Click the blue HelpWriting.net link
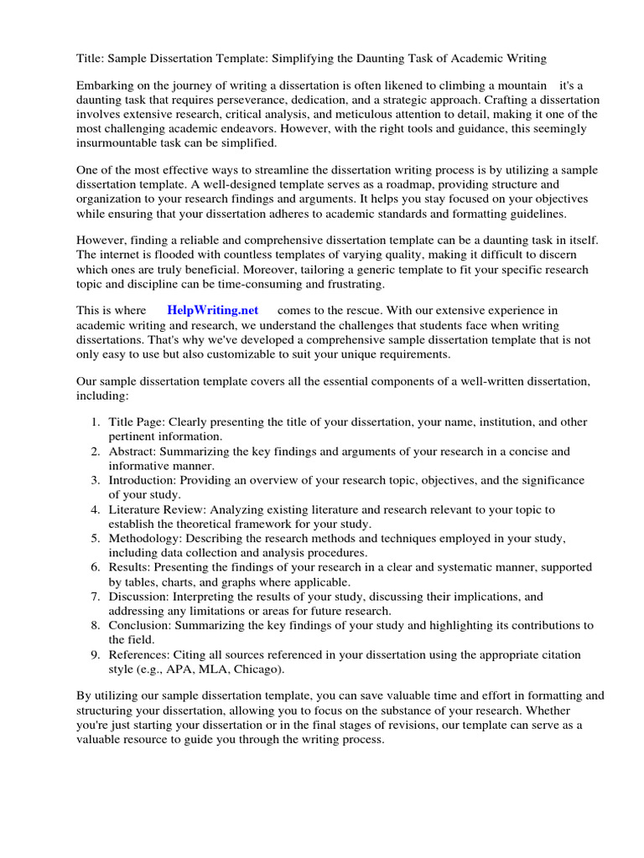213,310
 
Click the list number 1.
96,422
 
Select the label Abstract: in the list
133,452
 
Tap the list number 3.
96,480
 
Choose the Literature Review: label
158,509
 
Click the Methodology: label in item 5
145,539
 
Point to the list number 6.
96,567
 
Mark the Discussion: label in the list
139,597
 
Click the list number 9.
96,654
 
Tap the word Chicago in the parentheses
257,669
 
